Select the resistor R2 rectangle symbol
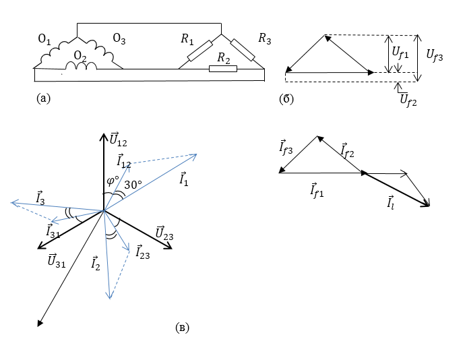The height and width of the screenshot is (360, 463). pyautogui.click(x=219, y=69)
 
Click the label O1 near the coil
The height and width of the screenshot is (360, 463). pyautogui.click(x=44, y=41)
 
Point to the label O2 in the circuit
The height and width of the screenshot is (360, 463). pyautogui.click(x=80, y=55)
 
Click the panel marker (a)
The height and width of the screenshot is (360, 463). pyautogui.click(x=42, y=98)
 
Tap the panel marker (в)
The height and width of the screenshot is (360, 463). pyautogui.click(x=182, y=328)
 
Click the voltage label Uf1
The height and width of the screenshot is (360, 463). pyautogui.click(x=400, y=50)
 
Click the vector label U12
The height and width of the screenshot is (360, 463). pyautogui.click(x=118, y=141)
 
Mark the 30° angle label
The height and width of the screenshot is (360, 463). pyautogui.click(x=132, y=184)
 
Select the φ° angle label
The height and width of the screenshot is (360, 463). pyautogui.click(x=113, y=183)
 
